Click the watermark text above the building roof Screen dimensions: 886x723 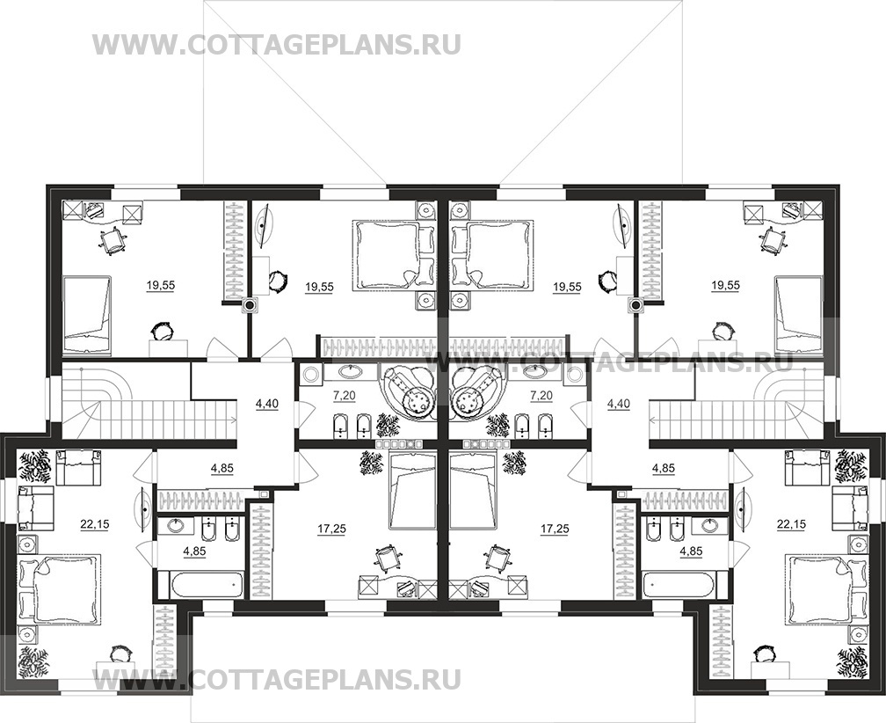point(276,45)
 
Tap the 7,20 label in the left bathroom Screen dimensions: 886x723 point(345,396)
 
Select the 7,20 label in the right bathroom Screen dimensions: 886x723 point(541,396)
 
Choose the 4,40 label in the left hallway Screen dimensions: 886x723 point(267,404)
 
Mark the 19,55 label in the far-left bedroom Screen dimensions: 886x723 point(161,286)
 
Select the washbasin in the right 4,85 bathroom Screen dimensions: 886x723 point(709,526)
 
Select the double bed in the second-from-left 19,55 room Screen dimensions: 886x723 point(388,255)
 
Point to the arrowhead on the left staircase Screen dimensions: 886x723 point(234,419)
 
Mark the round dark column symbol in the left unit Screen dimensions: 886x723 point(249,305)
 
